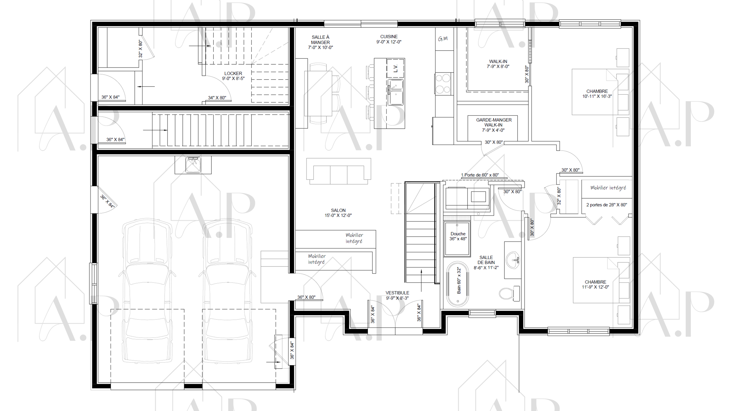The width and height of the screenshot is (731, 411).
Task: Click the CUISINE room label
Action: pyautogui.click(x=389, y=39)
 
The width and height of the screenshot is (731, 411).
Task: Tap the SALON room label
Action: pyautogui.click(x=338, y=213)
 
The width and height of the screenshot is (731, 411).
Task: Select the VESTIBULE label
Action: pyautogui.click(x=397, y=295)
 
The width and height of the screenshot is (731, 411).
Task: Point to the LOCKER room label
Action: pyautogui.click(x=233, y=76)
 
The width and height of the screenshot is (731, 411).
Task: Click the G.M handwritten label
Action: pyautogui.click(x=443, y=39)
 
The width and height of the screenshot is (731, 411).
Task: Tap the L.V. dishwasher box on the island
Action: pyautogui.click(x=395, y=68)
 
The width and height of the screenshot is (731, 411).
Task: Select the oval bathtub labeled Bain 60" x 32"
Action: pyautogui.click(x=458, y=284)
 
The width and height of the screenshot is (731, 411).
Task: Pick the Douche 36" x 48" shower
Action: pyautogui.click(x=457, y=239)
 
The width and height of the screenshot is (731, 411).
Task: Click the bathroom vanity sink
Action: pyautogui.click(x=513, y=260)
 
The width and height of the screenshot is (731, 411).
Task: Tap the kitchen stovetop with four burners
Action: pyautogui.click(x=442, y=84)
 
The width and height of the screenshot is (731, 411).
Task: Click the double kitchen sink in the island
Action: pyautogui.click(x=396, y=92)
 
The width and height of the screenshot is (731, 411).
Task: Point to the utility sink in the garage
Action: pyautogui.click(x=193, y=165)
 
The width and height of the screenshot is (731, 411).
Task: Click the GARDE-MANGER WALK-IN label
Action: pyautogui.click(x=494, y=125)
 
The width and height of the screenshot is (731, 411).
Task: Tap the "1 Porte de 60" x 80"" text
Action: pyautogui.click(x=480, y=175)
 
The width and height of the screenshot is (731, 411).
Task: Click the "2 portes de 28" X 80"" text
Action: pyautogui.click(x=606, y=205)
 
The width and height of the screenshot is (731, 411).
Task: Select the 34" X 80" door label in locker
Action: pyautogui.click(x=217, y=98)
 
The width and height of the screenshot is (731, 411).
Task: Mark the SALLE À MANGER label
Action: pyautogui.click(x=320, y=42)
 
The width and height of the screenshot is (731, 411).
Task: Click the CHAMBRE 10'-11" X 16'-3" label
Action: pyautogui.click(x=597, y=94)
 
